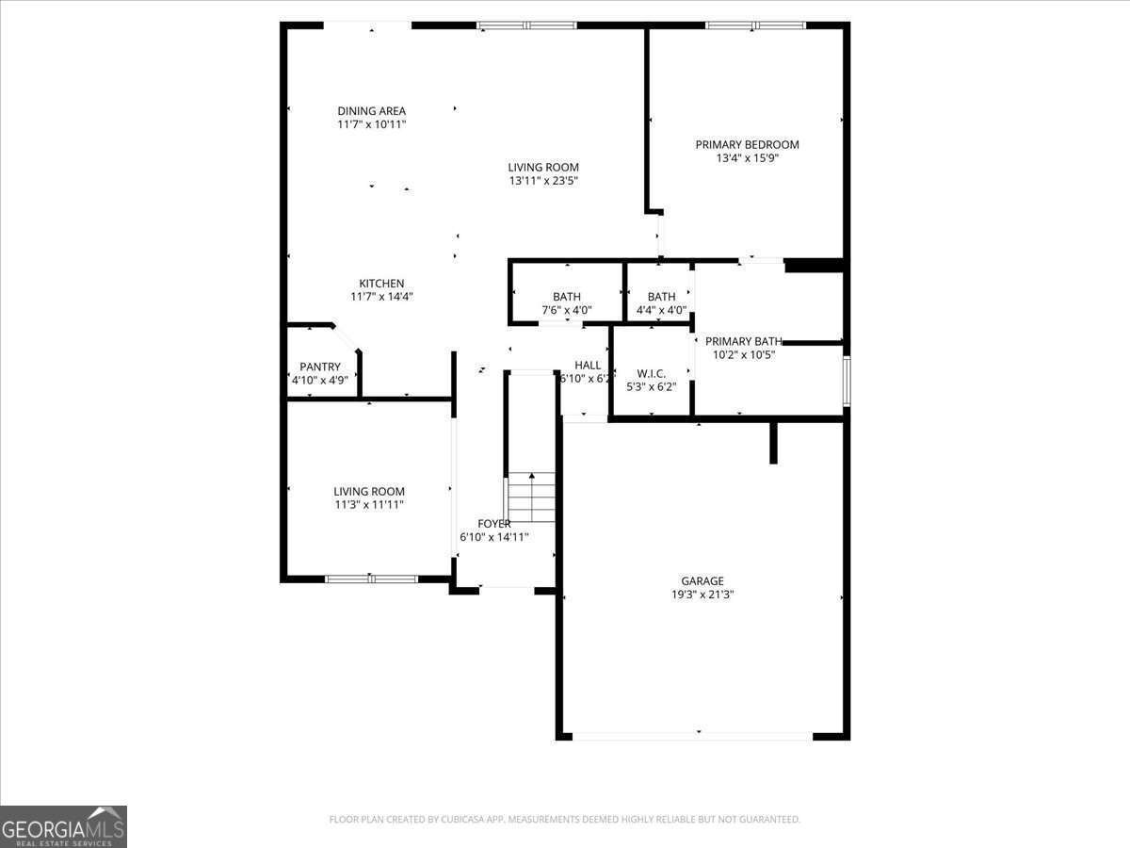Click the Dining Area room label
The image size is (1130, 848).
(372, 111)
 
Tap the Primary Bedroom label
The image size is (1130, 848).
(747, 145)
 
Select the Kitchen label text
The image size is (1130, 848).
(381, 284)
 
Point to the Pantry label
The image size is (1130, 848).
(320, 367)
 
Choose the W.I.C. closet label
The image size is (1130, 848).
(652, 373)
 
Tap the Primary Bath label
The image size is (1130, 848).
(743, 341)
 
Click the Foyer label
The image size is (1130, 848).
(494, 524)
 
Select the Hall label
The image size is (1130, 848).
(588, 366)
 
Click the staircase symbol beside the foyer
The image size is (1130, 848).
(532, 498)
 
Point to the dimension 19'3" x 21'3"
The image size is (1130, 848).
(697, 595)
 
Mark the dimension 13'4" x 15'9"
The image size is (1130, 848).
(747, 158)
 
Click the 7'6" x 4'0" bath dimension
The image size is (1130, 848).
(567, 310)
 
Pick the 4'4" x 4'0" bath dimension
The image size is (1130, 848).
(661, 310)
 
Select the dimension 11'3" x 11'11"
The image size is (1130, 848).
(369, 505)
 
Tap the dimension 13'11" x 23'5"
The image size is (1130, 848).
(543, 181)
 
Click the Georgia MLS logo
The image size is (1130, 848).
(63, 826)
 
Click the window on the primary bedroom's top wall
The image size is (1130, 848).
(755, 25)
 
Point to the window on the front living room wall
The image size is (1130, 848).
(371, 579)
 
